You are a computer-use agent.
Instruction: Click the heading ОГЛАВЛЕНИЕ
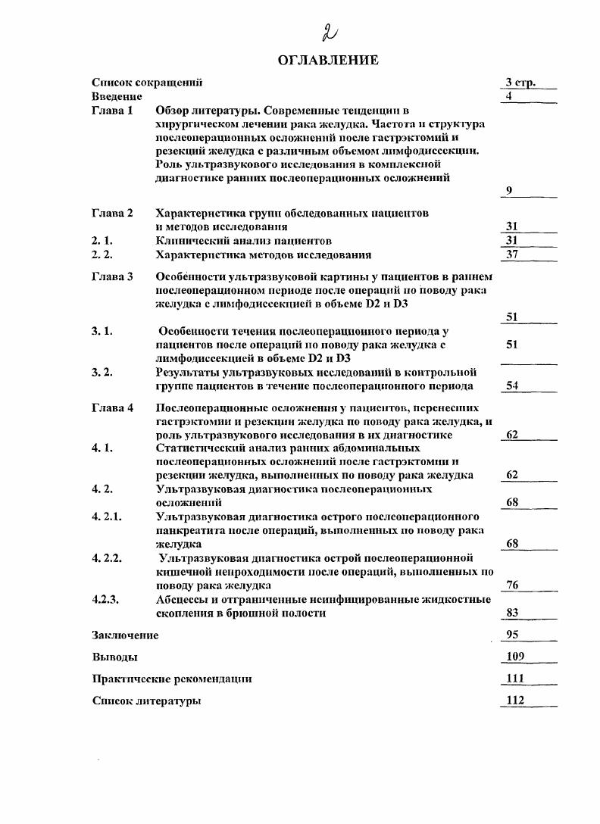point(328,61)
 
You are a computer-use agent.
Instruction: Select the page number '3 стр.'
point(521,83)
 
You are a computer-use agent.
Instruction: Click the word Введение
point(117,96)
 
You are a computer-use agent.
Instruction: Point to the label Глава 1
point(112,111)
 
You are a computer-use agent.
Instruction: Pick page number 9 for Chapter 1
point(509,191)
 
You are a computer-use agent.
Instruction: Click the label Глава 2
point(112,214)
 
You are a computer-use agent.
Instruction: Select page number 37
point(512,254)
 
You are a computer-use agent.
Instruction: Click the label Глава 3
point(112,277)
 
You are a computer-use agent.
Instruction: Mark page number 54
point(512,386)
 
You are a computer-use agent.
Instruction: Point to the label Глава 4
point(112,408)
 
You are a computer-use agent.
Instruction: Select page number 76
point(512,585)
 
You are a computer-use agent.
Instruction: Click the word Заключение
point(125,635)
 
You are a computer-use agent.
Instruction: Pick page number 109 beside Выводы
point(514,657)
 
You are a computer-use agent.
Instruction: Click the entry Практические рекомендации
point(172,679)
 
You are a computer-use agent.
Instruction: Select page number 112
point(514,701)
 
